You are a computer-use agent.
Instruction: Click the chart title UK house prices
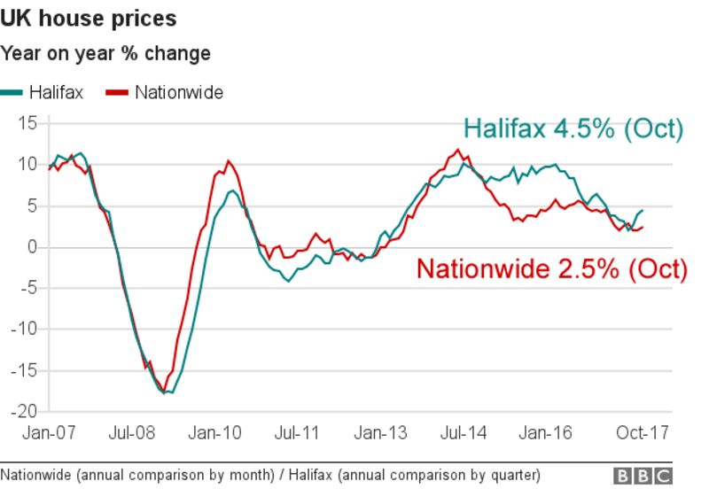(x=89, y=18)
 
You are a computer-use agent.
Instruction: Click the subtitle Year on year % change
(x=105, y=53)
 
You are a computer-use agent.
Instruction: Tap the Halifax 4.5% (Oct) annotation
(x=574, y=128)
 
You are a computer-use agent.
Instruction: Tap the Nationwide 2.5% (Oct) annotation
(x=551, y=268)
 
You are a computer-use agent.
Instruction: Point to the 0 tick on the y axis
(x=32, y=247)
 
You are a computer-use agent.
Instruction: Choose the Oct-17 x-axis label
(x=640, y=433)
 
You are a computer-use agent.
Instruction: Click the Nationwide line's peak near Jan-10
(x=228, y=161)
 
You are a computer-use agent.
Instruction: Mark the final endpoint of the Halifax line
(x=643, y=210)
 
